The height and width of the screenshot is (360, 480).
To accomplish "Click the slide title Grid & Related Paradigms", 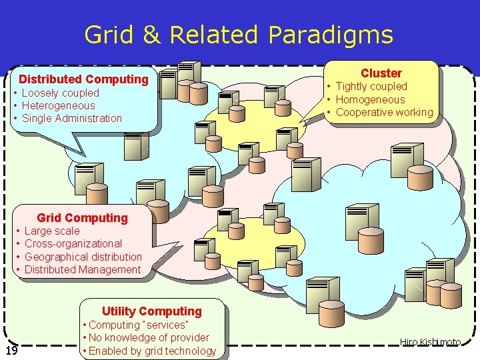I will (x=239, y=34).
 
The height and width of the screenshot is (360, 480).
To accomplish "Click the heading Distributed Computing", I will (x=83, y=79).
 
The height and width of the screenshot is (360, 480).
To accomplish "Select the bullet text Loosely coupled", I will (x=60, y=93).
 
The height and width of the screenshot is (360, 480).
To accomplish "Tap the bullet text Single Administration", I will (x=72, y=118).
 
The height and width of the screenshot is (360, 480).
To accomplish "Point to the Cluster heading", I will (x=381, y=73).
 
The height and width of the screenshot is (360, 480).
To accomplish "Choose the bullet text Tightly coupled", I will (x=371, y=86).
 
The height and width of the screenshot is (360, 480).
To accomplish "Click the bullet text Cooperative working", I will (x=384, y=112).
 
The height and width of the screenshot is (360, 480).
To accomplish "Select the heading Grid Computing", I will (x=82, y=218).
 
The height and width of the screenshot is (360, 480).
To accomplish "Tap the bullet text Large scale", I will (x=51, y=231).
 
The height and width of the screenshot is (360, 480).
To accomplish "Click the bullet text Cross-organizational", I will (x=73, y=243).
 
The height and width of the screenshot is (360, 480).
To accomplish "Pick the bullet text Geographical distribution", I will (x=83, y=257).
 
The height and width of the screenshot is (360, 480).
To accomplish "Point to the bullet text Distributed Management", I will (x=82, y=269).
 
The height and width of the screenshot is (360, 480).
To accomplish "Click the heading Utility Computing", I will (x=151, y=311).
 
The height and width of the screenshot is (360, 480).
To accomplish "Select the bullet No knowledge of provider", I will (x=149, y=337).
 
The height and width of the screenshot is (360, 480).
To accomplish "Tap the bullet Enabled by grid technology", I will (x=152, y=351).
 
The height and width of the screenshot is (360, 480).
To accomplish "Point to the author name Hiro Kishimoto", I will (x=430, y=342).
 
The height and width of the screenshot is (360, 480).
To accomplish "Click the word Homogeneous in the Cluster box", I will (x=370, y=99).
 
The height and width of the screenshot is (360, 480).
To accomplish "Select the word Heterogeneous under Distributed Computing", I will (x=58, y=105).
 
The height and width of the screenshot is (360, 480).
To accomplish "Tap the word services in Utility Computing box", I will (x=167, y=325).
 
